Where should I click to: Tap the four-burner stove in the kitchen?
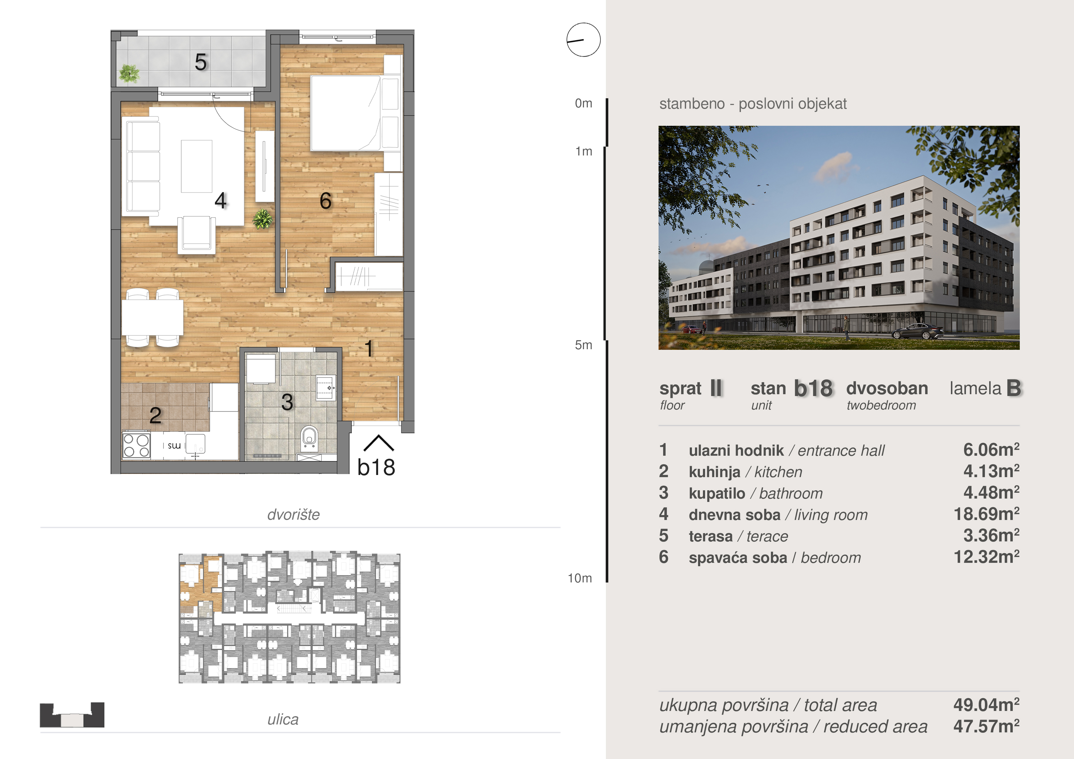coord(136,445)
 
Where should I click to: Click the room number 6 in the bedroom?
coord(325,201)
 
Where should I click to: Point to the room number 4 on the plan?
coord(221,201)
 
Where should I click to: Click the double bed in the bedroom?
coord(346,113)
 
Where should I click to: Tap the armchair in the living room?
coord(197,234)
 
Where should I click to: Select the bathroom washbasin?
coord(325,388)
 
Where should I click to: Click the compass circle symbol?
coord(583,40)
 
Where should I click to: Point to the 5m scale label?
coord(583,345)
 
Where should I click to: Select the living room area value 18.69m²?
coord(986,514)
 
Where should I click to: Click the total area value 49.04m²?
coord(986,705)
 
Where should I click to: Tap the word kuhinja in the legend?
coord(714,472)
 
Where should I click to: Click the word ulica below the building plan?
coord(283,719)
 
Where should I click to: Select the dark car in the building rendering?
coord(918,331)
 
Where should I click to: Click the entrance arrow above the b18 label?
coord(378,443)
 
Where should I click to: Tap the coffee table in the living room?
coord(197,166)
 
